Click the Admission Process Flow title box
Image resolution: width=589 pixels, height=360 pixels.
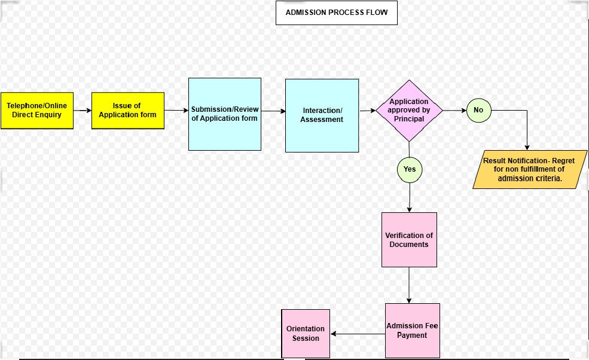tap(336, 13)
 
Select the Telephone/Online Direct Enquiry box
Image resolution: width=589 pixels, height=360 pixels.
tap(36, 111)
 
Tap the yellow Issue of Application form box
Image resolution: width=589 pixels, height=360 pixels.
tap(127, 111)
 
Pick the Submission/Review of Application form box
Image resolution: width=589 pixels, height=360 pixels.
tap(224, 114)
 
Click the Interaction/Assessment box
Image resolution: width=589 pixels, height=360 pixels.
tap(322, 115)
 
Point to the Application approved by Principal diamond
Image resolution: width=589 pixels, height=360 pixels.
tap(409, 111)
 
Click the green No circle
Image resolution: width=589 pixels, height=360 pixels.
tap(478, 110)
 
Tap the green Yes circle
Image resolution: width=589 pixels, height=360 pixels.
tap(410, 169)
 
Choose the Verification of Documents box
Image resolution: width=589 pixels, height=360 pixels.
tap(409, 240)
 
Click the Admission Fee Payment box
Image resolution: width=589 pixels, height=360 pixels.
tap(412, 331)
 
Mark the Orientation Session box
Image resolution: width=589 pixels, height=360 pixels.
tap(306, 334)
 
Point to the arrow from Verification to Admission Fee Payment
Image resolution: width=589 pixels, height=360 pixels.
tap(409, 285)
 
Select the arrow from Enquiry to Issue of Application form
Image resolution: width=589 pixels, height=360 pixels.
tap(83, 111)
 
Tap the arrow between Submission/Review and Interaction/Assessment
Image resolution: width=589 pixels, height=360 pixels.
tap(273, 111)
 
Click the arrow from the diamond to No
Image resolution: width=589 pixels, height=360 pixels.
tap(454, 111)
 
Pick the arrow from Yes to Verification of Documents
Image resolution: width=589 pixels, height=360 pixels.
tap(410, 197)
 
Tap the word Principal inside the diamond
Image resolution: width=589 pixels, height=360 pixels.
tap(409, 119)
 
